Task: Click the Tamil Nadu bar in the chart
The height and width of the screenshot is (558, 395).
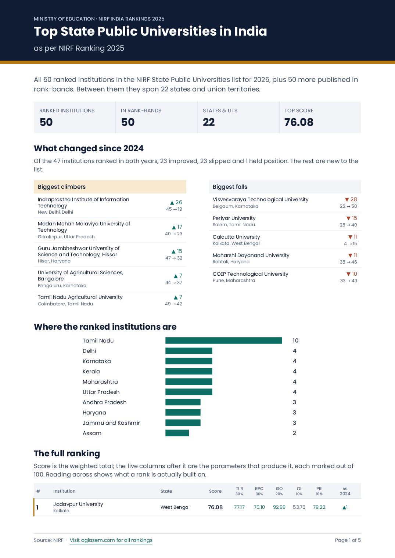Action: pos(224,340)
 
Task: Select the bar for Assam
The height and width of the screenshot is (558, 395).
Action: pos(177,433)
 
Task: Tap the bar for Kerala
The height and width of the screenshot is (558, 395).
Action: pos(189,371)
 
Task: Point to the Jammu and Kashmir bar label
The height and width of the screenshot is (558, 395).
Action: pos(111,423)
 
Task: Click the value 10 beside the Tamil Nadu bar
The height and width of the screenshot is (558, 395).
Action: pos(295,340)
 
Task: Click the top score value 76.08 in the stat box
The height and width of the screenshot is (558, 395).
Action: pos(299,122)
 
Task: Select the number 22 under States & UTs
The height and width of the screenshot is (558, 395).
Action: pos(209,122)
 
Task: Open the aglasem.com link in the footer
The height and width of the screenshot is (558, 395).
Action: pos(111,540)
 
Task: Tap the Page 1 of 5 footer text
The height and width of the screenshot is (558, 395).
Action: pos(348,540)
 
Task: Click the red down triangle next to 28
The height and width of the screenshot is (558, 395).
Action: pos(347,200)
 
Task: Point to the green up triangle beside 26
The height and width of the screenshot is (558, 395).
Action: pos(172,203)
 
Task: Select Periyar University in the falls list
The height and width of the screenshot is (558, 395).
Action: pos(234,218)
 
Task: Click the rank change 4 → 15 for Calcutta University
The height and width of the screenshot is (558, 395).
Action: pos(351,243)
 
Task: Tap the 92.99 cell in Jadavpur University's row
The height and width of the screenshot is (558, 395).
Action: pos(279,507)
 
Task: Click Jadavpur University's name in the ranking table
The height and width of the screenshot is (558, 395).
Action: pos(78,504)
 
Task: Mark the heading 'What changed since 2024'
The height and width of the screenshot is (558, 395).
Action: pos(89,148)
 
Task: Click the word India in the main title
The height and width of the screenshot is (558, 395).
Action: pos(251,32)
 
